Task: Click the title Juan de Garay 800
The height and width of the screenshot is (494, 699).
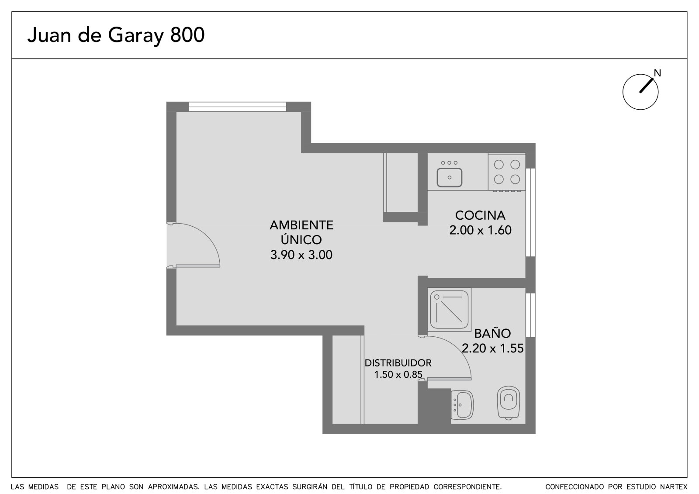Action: click(116, 35)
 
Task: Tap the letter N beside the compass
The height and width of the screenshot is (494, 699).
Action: click(657, 73)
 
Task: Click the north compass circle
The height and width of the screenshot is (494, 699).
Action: click(640, 92)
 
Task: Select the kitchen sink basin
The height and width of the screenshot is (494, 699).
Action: click(450, 177)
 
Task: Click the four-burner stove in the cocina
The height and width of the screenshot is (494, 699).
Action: click(507, 172)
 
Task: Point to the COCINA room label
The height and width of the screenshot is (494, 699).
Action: click(480, 215)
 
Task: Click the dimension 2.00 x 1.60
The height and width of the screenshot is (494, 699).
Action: click(480, 230)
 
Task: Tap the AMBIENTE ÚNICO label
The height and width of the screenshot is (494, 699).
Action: click(301, 232)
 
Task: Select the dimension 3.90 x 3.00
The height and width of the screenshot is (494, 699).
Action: click(301, 255)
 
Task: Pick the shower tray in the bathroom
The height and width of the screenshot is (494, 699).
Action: click(450, 310)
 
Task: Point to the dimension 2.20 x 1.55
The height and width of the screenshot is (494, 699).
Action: click(492, 348)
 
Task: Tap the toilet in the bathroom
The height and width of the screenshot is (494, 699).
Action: click(509, 403)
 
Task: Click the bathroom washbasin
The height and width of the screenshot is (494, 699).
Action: click(463, 405)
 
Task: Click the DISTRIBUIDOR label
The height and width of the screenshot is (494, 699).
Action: click(398, 363)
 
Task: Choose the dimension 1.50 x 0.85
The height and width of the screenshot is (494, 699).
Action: click(398, 374)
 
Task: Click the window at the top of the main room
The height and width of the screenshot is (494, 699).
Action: click(238, 107)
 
